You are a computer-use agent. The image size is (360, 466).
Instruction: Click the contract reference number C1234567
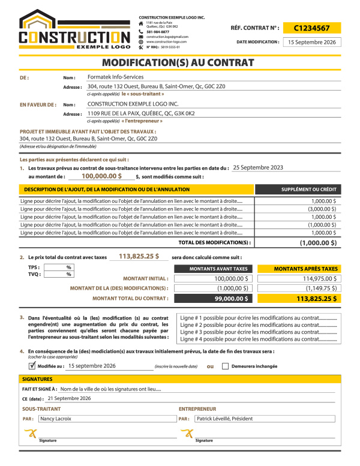click(x=312, y=28)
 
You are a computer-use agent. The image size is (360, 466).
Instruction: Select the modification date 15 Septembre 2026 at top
click(x=312, y=43)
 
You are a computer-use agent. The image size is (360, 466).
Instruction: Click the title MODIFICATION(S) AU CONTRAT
click(x=178, y=62)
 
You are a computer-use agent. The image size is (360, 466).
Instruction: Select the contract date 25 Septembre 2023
click(x=258, y=168)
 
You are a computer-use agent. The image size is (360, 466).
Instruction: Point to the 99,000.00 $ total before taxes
click(x=231, y=298)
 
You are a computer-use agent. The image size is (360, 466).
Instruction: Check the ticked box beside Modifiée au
click(x=32, y=365)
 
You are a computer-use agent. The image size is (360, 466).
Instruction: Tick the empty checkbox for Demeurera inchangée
click(x=225, y=365)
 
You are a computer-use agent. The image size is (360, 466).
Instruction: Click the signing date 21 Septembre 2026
click(x=69, y=398)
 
